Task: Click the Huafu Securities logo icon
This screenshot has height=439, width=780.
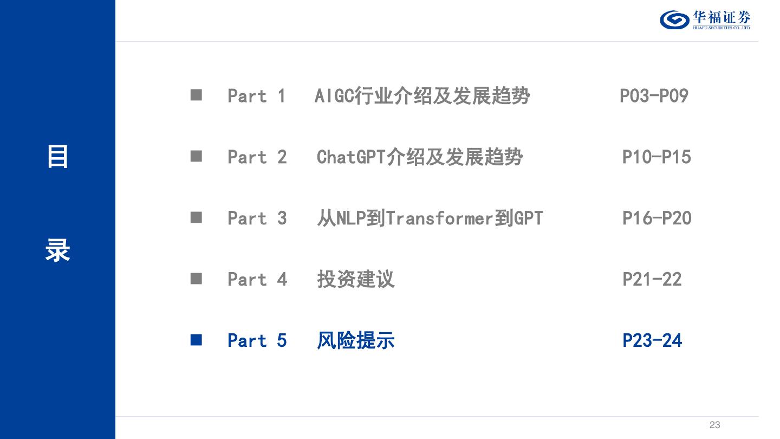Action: pos(674,20)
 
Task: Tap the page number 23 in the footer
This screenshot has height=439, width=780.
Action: pos(714,425)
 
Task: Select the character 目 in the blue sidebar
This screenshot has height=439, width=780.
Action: pos(57,157)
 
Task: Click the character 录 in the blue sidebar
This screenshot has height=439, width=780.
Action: pos(57,251)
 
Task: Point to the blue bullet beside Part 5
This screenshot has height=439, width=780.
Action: pos(196,340)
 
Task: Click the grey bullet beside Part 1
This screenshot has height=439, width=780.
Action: pos(196,95)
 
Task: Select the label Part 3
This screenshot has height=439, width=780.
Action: pos(257,218)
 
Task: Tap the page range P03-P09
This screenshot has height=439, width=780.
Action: pos(654,96)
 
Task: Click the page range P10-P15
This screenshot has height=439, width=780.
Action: pos(656,157)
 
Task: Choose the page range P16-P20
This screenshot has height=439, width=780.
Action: pos(656,218)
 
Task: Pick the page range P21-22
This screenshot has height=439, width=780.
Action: pos(652,280)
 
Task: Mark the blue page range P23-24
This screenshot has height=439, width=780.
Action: pos(652,341)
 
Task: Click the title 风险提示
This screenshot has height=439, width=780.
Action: pos(356,341)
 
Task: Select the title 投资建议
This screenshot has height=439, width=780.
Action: pos(356,280)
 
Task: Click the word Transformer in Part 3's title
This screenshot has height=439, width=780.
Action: pos(439,218)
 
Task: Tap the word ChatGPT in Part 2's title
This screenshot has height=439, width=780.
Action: pos(350,157)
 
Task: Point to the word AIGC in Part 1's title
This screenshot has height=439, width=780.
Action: pos(334,96)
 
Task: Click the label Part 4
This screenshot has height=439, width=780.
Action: pos(257,280)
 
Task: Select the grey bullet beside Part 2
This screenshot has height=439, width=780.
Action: pos(196,157)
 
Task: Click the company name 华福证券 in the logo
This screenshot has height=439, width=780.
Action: pos(721,17)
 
